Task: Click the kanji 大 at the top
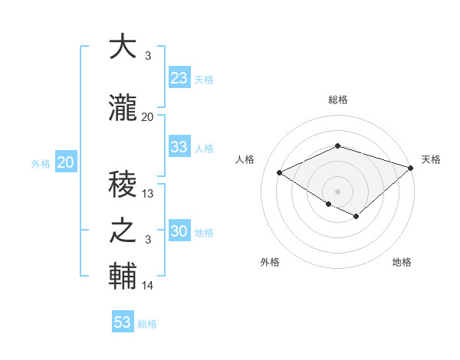[x=123, y=47]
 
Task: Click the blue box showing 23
[x=179, y=78]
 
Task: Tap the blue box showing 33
[x=179, y=147]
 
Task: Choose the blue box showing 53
[x=123, y=322]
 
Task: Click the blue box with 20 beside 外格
[x=66, y=162]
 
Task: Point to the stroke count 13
[x=149, y=194]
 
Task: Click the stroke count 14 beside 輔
[x=149, y=286]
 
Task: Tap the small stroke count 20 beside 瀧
[x=148, y=117]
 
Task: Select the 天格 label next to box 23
[x=204, y=80]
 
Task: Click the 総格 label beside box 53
[x=147, y=324]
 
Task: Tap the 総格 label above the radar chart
[x=338, y=100]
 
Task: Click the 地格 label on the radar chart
[x=402, y=262]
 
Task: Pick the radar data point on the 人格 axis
[x=280, y=173]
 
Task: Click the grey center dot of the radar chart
[x=337, y=191]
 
